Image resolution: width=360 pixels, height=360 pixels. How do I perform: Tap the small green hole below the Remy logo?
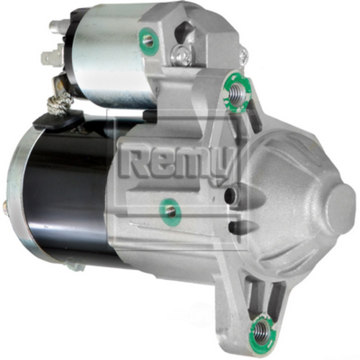170,210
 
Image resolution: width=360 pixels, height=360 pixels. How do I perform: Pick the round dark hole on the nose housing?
228,194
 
